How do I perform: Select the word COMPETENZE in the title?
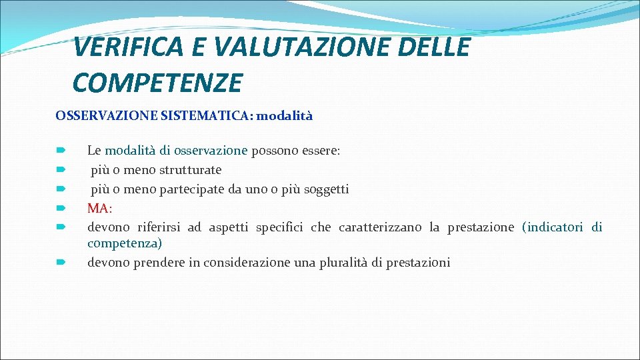(x=157, y=83)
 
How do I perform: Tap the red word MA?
(x=99, y=208)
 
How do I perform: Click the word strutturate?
(x=190, y=170)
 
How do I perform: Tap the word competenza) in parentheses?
(x=125, y=243)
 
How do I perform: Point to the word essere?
(x=321, y=151)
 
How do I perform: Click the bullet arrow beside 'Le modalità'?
(x=61, y=151)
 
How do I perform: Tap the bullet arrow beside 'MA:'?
(x=61, y=209)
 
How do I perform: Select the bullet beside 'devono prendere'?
(x=61, y=263)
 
